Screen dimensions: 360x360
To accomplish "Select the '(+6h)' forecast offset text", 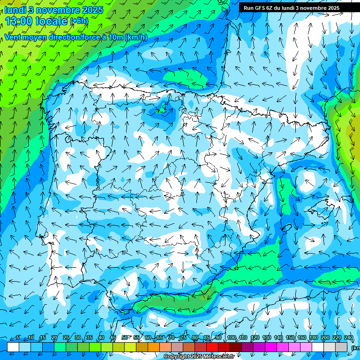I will pos(79,21).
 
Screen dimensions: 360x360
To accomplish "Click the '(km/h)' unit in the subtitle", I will pos(136,37).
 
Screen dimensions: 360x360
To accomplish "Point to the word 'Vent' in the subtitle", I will pos(14,37).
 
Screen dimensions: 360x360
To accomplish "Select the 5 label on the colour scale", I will pos(18,338).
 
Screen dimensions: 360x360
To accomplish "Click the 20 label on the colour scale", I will pos(54,338).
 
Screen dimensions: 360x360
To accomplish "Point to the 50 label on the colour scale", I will pos(125,338).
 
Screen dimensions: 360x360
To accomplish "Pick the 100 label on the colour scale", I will pos(232,338).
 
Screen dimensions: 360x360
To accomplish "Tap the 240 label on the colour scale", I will pos(349,338).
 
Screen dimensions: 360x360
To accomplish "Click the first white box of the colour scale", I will pos(13,347).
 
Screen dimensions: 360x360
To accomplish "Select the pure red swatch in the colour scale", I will pos(212,347).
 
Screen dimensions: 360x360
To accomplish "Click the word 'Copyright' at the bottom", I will pos(176,357).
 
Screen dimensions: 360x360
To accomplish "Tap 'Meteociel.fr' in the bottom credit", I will pos(218,357).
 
